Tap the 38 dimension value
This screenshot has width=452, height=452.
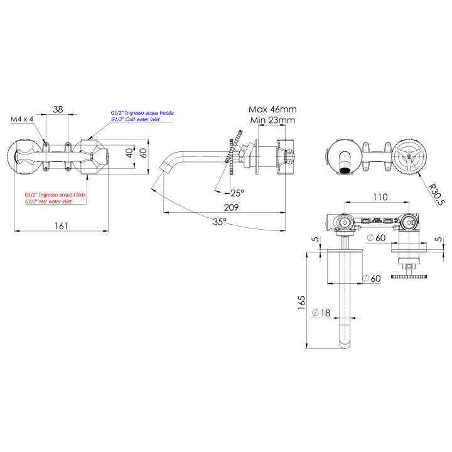[x=58, y=109]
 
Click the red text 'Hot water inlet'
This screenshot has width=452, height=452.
[x=48, y=202]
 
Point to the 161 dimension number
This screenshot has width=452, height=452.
[x=60, y=225]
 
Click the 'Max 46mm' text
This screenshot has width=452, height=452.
[x=272, y=109]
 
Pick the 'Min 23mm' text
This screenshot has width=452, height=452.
[x=272, y=120]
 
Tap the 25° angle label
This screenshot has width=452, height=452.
[x=237, y=193]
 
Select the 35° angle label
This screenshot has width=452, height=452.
[x=219, y=221]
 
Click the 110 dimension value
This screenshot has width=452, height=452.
[x=379, y=197]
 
